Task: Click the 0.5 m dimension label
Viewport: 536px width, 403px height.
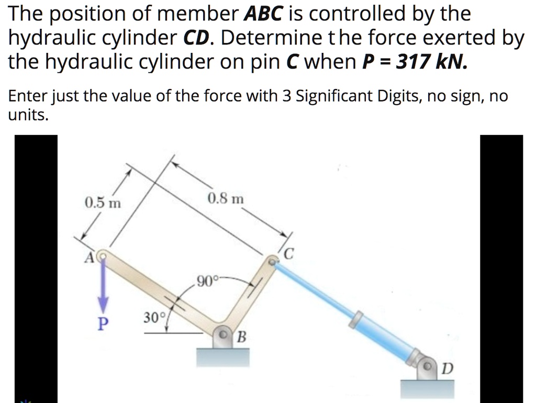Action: click(x=103, y=203)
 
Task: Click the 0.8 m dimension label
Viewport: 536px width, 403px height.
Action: click(x=226, y=199)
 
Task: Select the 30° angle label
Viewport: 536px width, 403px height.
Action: click(x=154, y=317)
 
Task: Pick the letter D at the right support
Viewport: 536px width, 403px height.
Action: click(x=445, y=369)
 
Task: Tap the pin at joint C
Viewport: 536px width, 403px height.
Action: click(x=273, y=259)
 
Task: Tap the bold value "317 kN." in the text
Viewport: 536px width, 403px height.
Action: click(x=423, y=62)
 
